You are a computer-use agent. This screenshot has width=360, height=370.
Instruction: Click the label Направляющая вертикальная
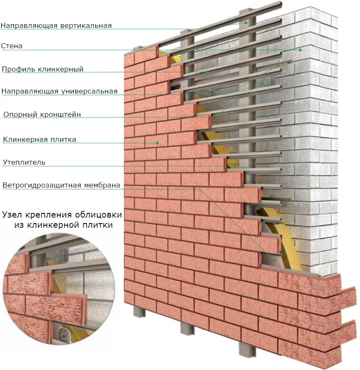(x=56, y=25)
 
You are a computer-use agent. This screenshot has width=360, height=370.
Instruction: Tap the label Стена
(x=12, y=46)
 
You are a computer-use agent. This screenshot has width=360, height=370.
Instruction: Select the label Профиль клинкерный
(x=43, y=69)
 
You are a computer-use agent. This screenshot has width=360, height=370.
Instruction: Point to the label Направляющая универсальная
(x=59, y=91)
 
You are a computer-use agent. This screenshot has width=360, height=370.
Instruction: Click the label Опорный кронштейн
(x=42, y=114)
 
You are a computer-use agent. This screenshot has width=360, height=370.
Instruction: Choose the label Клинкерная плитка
(x=39, y=139)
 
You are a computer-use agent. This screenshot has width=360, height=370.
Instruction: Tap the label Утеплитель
(x=24, y=162)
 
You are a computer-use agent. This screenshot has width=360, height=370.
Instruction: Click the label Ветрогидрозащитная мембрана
(x=61, y=185)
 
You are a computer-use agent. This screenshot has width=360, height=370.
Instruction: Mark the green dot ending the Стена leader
(x=300, y=50)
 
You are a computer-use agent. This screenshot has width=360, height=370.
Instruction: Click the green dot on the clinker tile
(x=157, y=143)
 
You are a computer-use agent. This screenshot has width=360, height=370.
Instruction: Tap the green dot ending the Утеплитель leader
(x=235, y=166)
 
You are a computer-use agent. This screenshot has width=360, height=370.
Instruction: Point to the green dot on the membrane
(x=274, y=260)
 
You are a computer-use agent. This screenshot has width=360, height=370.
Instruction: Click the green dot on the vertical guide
(x=246, y=23)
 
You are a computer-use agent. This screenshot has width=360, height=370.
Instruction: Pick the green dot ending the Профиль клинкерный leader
(x=207, y=72)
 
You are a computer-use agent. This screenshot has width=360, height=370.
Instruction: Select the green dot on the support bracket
(x=262, y=83)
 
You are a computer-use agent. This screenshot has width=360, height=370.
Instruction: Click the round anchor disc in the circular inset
(x=63, y=334)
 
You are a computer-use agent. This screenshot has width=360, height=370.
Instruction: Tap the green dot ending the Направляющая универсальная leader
(x=278, y=65)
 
